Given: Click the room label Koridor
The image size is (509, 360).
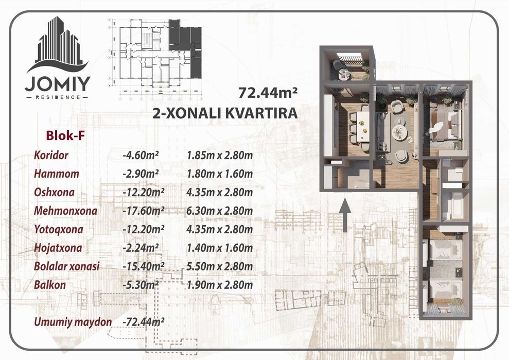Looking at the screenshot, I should [51, 155].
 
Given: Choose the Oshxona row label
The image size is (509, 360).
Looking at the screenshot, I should [54, 192].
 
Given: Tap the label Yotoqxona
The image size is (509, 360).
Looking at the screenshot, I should [58, 229].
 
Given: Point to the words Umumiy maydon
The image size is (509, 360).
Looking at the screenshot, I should [73, 322].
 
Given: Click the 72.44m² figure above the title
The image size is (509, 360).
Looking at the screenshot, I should [268, 93].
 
